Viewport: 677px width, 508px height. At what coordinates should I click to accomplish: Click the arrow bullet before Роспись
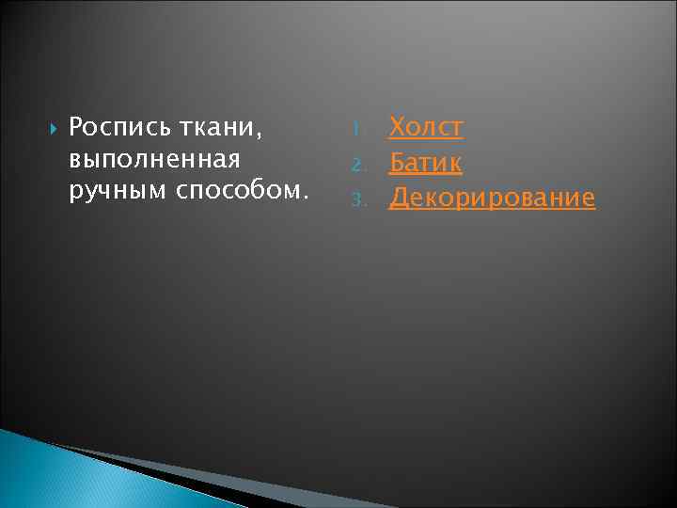(x=52, y=125)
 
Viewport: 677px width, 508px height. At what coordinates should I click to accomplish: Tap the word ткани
(x=222, y=125)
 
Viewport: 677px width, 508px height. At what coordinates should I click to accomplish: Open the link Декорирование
(x=492, y=197)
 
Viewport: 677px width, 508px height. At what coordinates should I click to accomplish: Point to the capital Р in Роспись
(x=76, y=125)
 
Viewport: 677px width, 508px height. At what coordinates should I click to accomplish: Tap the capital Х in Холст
(x=398, y=126)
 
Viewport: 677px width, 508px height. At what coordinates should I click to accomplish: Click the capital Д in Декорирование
(x=399, y=197)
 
